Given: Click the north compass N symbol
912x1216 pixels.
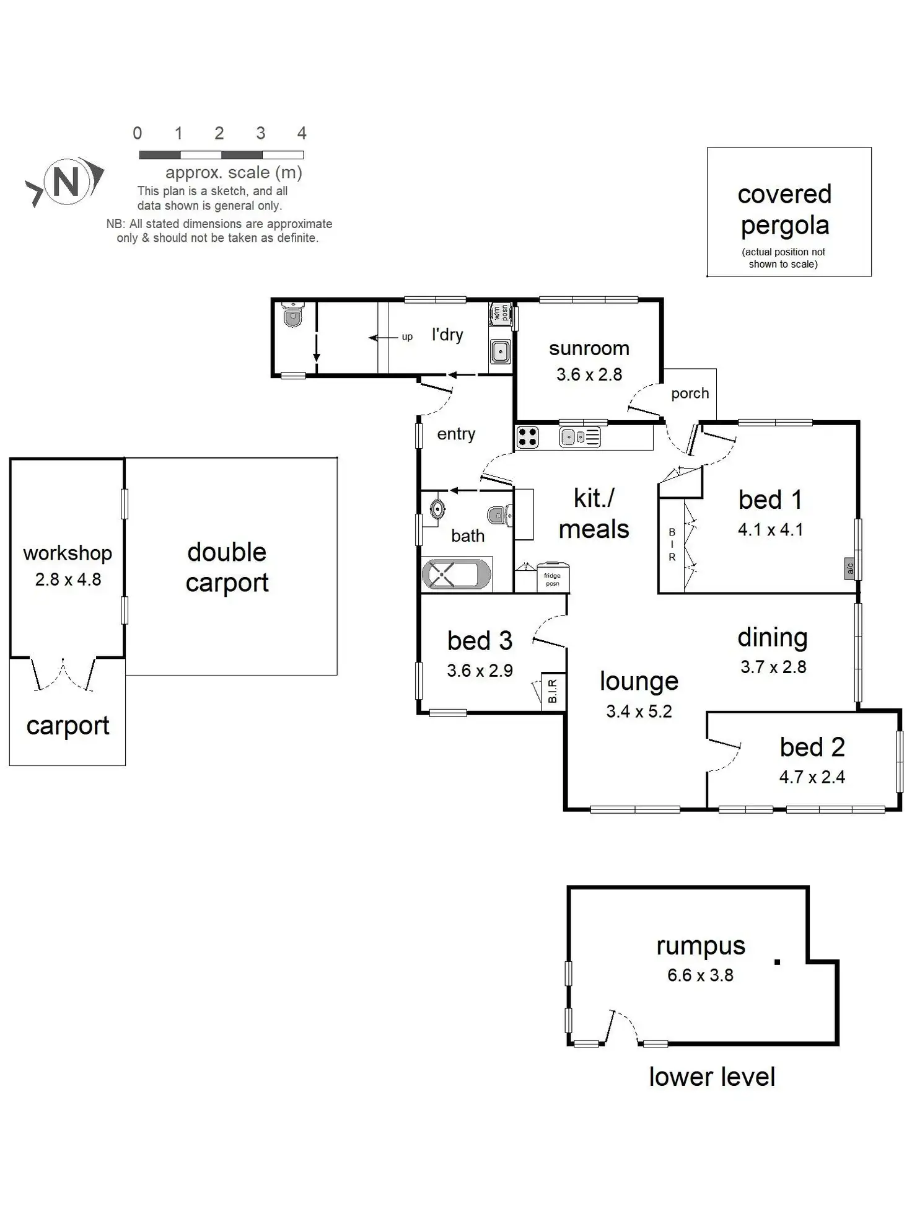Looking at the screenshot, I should tap(65, 182).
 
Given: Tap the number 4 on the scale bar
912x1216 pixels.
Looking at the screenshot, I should tap(302, 133).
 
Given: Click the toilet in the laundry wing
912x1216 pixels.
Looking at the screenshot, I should tap(292, 315).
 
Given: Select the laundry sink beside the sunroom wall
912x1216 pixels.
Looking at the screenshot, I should tap(500, 352).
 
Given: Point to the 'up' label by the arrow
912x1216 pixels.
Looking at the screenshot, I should tap(407, 337).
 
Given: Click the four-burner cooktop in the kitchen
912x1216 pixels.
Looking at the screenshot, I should tap(528, 437).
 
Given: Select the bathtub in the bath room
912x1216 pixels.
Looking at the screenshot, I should tap(457, 574).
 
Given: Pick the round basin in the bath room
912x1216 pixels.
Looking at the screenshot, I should tap(438, 509).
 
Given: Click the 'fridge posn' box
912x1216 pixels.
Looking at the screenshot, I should tap(553, 578).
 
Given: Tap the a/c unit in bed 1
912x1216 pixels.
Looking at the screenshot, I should tap(850, 568).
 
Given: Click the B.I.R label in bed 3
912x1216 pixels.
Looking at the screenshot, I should tap(553, 690).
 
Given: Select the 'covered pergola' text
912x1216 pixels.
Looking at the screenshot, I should tap(785, 209).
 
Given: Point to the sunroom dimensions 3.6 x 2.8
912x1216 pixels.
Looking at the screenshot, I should tap(589, 374).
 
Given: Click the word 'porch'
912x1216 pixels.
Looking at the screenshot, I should tap(690, 393).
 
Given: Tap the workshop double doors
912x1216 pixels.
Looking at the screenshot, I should tap(63, 674).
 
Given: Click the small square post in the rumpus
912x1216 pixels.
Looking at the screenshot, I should tap(777, 962).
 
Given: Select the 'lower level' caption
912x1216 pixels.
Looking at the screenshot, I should tap(712, 1077).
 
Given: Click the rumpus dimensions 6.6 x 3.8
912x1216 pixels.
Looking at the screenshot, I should tap(700, 976).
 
